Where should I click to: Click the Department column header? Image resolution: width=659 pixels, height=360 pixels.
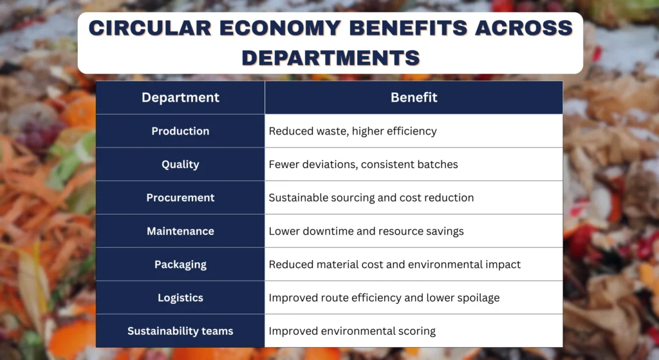(180, 98)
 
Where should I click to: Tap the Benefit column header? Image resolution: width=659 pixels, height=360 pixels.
(414, 98)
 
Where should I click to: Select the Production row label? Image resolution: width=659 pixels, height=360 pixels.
(180, 131)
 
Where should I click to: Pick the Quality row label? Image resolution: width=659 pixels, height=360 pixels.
(180, 164)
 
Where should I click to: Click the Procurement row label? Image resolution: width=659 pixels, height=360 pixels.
(180, 198)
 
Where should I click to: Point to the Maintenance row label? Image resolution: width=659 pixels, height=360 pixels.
(180, 231)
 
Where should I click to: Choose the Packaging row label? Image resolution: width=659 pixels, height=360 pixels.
(180, 265)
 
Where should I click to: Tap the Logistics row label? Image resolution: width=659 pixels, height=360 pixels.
(180, 298)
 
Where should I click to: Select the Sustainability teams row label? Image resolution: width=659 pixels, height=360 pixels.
(180, 331)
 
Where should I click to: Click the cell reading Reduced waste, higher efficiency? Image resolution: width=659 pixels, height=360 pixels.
(353, 131)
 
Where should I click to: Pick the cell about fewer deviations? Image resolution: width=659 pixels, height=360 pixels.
(363, 164)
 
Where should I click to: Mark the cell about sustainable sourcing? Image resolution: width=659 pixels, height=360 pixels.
(371, 198)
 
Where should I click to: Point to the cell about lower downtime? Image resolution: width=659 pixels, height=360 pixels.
(366, 231)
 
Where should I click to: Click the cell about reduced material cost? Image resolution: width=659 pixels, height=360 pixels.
(394, 265)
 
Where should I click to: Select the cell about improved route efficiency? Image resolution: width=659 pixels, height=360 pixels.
(384, 298)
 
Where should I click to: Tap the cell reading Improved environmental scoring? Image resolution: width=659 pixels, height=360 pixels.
(352, 331)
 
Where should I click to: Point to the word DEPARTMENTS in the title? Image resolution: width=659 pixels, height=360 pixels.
(331, 57)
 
